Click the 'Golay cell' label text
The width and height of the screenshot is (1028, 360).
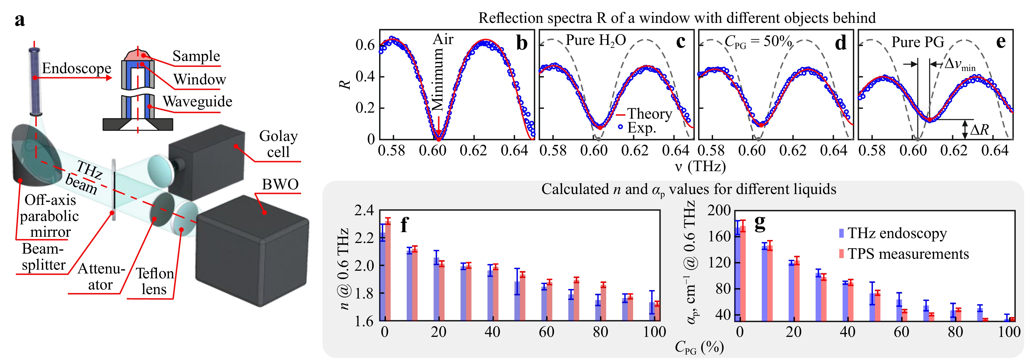coord(278,144)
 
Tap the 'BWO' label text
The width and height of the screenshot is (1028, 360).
coord(280,184)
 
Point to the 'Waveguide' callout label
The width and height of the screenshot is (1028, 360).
coord(197,102)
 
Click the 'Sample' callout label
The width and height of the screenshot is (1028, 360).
coord(196,56)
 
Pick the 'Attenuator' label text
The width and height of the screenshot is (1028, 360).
coord(101,276)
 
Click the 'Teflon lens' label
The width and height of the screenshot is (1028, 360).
coord(154,281)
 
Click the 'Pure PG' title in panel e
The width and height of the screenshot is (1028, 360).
coord(918,42)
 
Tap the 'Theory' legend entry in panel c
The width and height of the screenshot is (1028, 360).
coord(649,114)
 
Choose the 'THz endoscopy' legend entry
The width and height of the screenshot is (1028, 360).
coord(897,233)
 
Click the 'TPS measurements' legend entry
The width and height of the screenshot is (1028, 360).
coord(908,254)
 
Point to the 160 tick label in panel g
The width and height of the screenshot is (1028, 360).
coord(720,236)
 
